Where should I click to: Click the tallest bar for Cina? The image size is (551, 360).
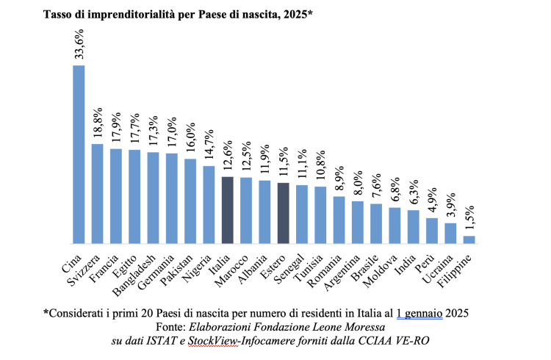(x=78, y=154)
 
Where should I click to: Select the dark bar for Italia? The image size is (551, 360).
(x=227, y=210)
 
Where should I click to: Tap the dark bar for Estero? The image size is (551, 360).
(x=283, y=213)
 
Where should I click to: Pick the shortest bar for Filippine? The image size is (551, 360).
(x=469, y=240)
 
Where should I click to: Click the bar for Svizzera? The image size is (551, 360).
(x=97, y=193)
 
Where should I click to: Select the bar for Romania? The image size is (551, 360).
(x=339, y=220)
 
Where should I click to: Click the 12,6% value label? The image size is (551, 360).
(x=228, y=156)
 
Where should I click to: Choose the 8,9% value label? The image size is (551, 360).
(x=339, y=176)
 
